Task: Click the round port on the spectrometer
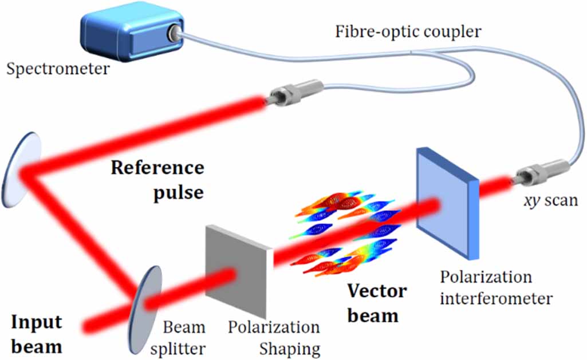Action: click(171, 35)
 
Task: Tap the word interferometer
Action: click(497, 298)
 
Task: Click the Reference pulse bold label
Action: click(157, 180)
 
